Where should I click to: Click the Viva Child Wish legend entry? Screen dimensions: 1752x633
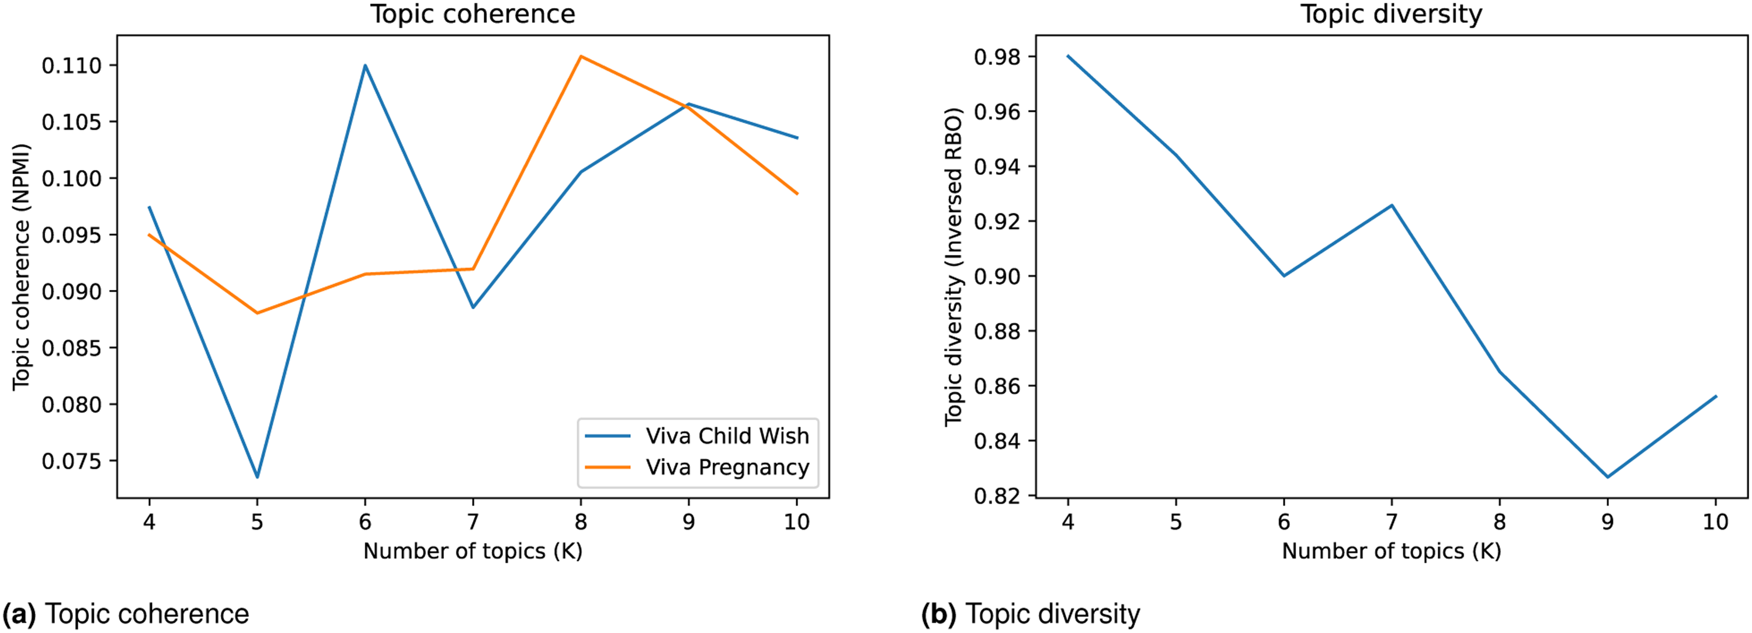(x=698, y=435)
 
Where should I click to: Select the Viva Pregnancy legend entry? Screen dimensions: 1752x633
(x=698, y=467)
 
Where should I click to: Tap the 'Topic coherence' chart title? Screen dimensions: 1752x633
(x=473, y=13)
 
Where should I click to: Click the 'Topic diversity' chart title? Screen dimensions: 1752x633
(x=1392, y=13)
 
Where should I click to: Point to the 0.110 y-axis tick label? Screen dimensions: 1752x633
(x=71, y=66)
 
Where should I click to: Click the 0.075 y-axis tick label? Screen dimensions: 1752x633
(x=71, y=462)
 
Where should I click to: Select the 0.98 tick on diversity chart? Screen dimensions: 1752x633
(x=997, y=57)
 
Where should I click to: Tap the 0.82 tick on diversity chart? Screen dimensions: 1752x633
(x=997, y=496)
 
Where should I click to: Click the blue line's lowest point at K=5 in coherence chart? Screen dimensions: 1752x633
(x=257, y=477)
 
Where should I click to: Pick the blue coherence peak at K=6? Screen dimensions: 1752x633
(x=365, y=65)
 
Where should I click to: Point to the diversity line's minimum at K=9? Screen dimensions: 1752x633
(x=1608, y=477)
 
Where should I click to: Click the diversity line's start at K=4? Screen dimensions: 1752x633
(x=1068, y=56)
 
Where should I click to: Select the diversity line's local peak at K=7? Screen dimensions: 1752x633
(x=1392, y=205)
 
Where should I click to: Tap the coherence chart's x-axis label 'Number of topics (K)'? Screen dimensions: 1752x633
(x=473, y=551)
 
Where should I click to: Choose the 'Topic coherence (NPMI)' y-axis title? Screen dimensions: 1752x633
(x=22, y=267)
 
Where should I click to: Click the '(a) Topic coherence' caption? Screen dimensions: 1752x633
(x=126, y=614)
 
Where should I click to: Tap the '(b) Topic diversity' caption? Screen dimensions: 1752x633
(x=1031, y=614)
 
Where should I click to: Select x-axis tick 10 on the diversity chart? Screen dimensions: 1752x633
(x=1715, y=522)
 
